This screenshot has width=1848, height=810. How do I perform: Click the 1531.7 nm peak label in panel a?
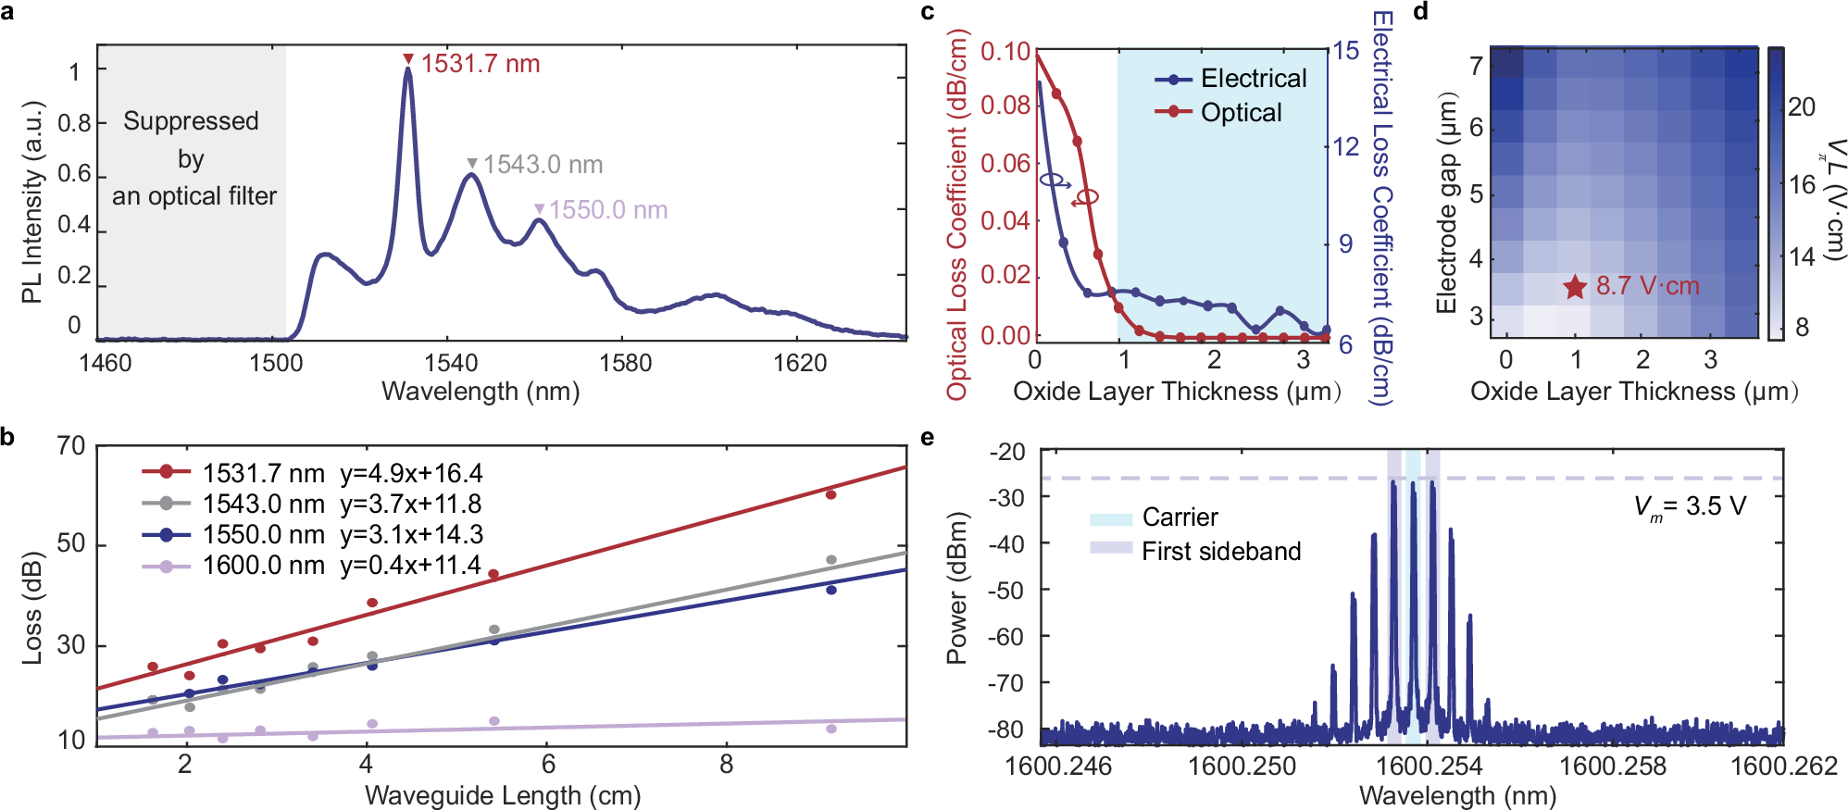(x=480, y=64)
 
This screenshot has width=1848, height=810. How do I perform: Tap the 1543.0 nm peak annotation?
(x=543, y=165)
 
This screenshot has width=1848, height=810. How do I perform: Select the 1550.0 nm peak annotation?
(x=608, y=210)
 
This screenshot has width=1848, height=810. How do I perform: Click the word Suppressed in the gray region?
(x=191, y=121)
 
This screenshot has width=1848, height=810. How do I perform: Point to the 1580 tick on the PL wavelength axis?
(x=625, y=363)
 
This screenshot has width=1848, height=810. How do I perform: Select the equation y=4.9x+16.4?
(x=411, y=474)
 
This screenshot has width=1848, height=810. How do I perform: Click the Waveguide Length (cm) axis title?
(x=503, y=795)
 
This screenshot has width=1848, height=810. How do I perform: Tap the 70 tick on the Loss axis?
(x=71, y=446)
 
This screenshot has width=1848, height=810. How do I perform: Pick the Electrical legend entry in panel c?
(x=1253, y=79)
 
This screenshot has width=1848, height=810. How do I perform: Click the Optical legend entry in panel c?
(x=1241, y=113)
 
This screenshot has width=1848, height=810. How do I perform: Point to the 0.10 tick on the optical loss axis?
(x=1005, y=52)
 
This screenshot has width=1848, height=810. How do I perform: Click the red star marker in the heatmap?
(x=1575, y=287)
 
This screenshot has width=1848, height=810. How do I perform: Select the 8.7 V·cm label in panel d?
(x=1647, y=286)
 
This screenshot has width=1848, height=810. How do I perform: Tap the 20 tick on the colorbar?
(x=1801, y=107)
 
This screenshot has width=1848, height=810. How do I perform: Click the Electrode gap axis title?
(x=1445, y=204)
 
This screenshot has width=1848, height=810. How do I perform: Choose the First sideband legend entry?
(x=1220, y=552)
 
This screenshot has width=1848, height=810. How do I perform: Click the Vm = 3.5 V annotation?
(x=1690, y=507)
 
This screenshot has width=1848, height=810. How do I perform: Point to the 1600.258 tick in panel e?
(x=1612, y=766)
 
